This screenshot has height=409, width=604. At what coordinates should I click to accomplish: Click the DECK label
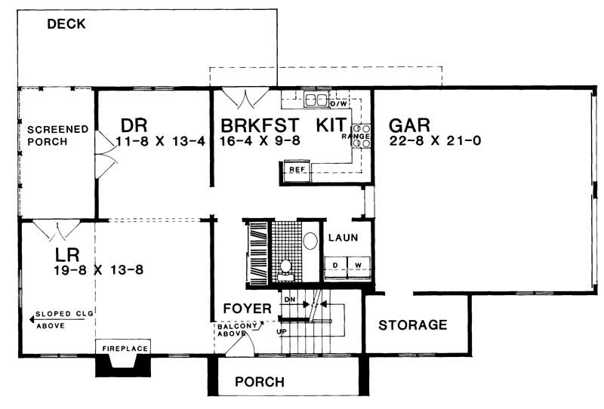pos(66,24)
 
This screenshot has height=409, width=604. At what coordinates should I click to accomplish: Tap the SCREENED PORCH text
pos(48,135)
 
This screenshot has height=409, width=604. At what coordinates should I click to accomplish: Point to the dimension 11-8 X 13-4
pos(161,141)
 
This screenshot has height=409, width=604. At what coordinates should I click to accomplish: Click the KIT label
pos(332,124)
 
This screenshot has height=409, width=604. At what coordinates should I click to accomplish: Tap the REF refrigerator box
pos(297,170)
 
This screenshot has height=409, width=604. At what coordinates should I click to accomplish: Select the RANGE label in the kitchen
pos(355,136)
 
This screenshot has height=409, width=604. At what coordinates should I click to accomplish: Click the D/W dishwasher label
pos(338,103)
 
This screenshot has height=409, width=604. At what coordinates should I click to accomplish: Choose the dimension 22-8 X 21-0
pos(436,141)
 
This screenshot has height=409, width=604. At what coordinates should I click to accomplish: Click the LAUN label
pos(342,238)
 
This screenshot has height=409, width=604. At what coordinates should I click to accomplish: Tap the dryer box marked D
pos(335,265)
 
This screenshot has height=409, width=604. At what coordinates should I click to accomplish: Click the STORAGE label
pos(412,325)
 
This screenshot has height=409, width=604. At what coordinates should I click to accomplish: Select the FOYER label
pos(246,309)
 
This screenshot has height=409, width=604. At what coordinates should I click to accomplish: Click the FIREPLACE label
pos(122,348)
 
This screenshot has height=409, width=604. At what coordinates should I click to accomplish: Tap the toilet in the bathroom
pos(285,266)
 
